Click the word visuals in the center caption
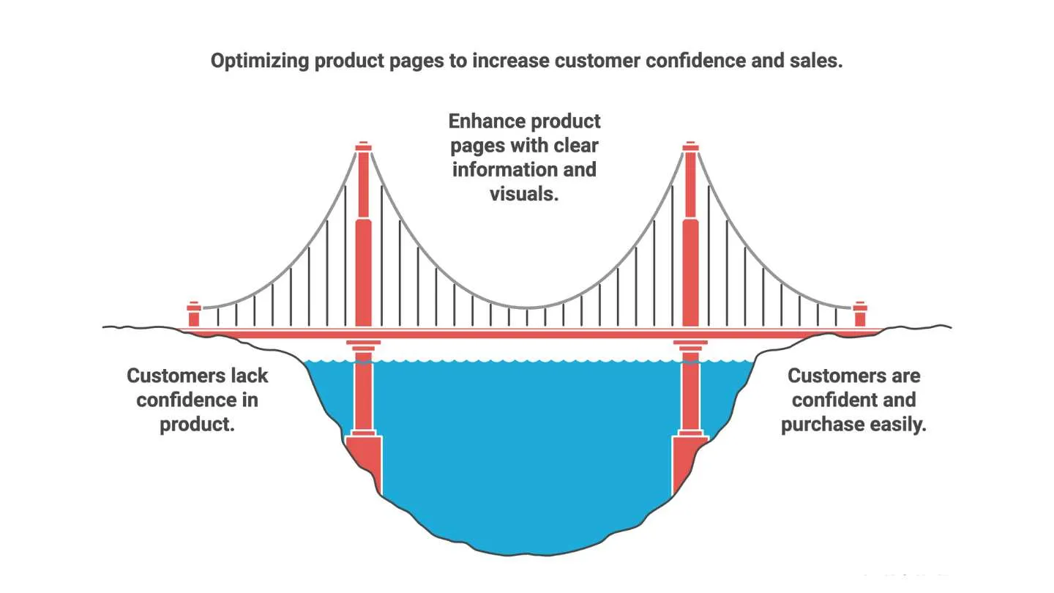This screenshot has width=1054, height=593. (525, 194)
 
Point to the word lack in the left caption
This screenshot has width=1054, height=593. (248, 376)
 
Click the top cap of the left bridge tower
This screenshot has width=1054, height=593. (364, 147)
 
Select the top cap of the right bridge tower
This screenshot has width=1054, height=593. (690, 147)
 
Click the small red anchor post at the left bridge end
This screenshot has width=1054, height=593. (194, 315)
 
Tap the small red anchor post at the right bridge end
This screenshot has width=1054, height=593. (860, 315)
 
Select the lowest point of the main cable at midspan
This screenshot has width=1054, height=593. (527, 307)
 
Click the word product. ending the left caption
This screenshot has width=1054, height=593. (198, 425)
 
